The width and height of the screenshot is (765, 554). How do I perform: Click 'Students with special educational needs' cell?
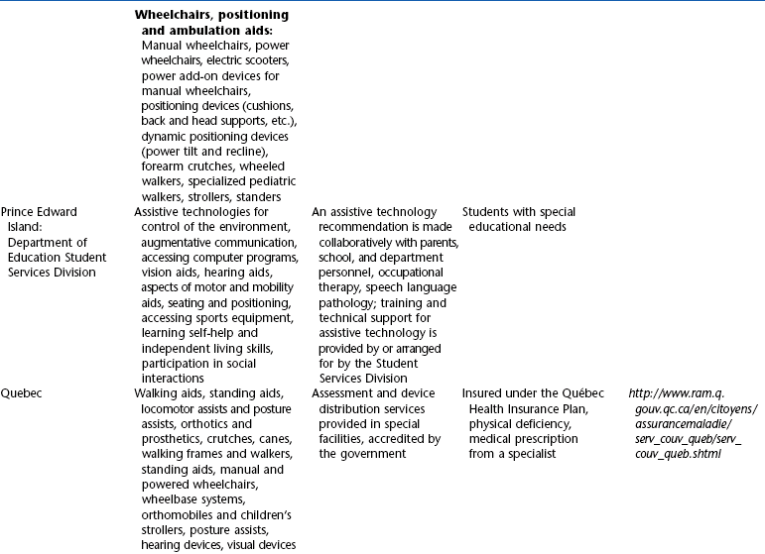point(520,219)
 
